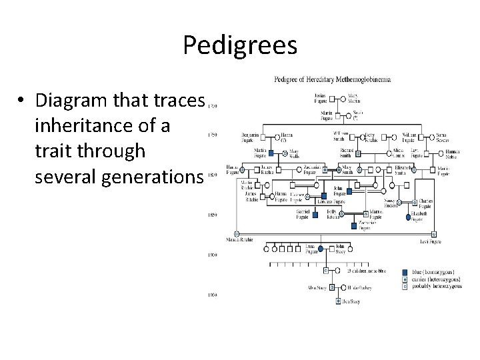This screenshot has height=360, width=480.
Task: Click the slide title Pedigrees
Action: (240, 45)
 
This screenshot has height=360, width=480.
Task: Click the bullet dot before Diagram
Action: (22, 101)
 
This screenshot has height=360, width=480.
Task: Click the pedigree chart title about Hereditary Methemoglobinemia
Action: (333, 79)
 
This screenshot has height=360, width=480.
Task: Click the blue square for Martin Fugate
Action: (271, 153)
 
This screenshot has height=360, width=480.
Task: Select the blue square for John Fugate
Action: (348, 191)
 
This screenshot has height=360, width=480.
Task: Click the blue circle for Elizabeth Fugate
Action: (408, 217)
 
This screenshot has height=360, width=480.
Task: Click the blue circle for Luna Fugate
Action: (321, 249)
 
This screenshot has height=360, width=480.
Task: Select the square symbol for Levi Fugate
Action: (433, 234)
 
